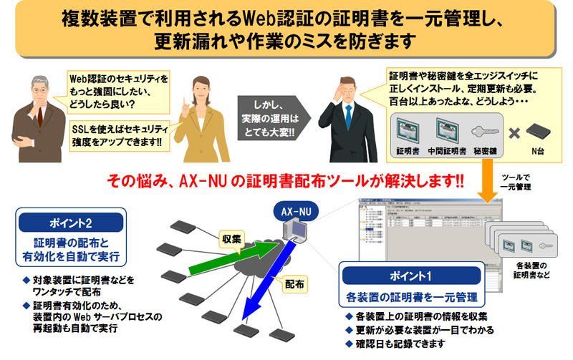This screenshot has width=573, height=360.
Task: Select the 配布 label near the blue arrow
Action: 294,283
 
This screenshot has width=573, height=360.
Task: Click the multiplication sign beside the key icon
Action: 514,133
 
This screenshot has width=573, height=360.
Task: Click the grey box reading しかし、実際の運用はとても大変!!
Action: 271,116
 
